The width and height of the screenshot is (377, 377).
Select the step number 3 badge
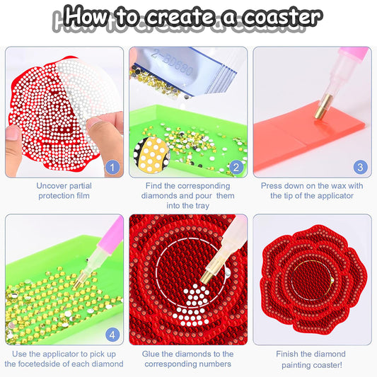click(x=359, y=168)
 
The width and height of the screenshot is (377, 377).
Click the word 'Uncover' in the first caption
click(x=54, y=186)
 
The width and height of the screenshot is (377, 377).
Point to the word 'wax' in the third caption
click(x=344, y=186)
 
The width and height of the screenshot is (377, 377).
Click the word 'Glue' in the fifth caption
click(x=154, y=353)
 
